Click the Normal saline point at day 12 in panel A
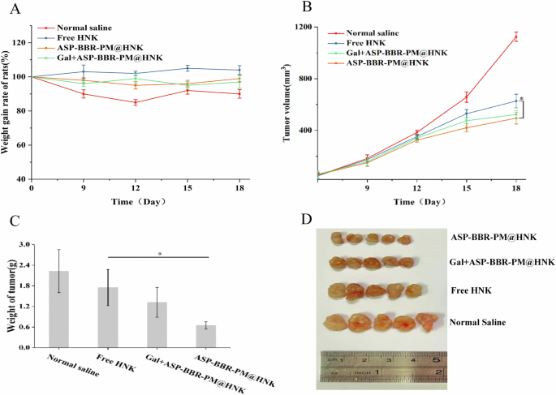tap(135, 102)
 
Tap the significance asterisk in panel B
tap(521, 100)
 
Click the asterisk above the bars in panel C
tap(159, 253)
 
